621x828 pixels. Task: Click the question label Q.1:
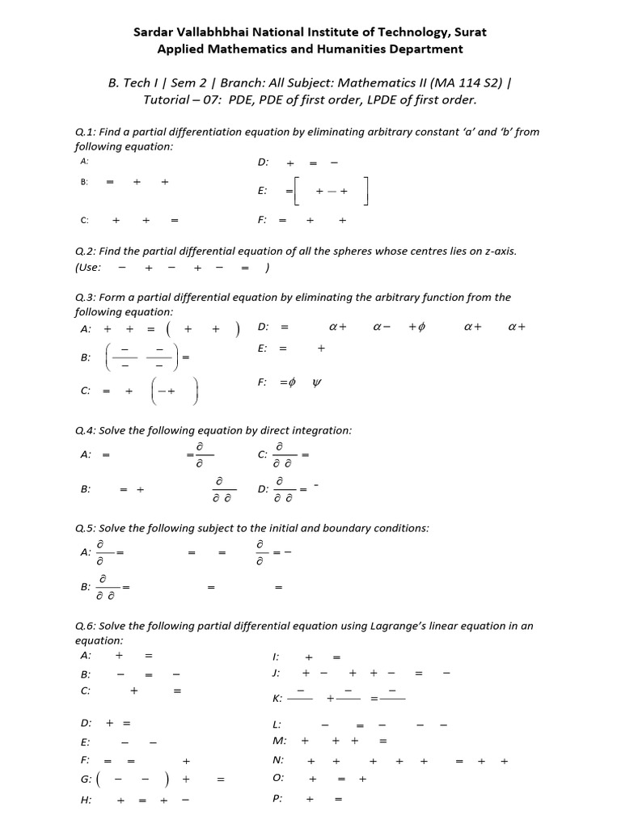pos(86,133)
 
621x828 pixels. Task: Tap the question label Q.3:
pos(86,298)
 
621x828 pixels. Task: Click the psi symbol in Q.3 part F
pos(316,382)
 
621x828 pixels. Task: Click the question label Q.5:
pos(86,528)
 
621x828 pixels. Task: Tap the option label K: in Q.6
pos(278,699)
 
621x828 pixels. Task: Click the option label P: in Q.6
pos(278,799)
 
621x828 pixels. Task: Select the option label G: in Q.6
pos(85,779)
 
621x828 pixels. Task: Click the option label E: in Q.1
pos(262,191)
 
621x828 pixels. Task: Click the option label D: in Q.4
pos(263,488)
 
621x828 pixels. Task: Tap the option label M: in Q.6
pos(280,740)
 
